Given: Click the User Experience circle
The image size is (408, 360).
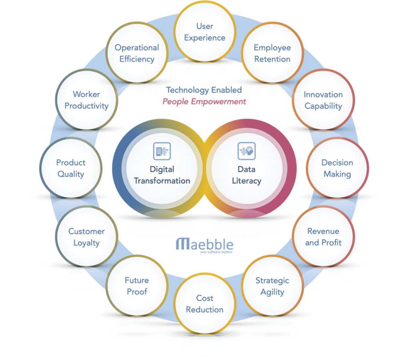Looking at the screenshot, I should tap(204, 32).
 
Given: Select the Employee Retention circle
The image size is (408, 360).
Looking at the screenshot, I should tap(272, 53).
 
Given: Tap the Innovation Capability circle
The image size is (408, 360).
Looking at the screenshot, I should tap(323, 100).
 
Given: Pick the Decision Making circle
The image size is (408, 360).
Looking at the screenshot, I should tap(337, 168).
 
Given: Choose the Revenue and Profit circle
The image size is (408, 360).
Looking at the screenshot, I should tap(323, 237).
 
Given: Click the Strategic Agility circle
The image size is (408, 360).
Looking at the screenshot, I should tap(272, 286).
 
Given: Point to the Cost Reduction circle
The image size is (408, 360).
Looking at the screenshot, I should tap(204, 303).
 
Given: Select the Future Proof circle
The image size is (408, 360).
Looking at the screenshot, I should tap(137, 286).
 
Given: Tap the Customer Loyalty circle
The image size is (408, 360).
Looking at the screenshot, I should tap(86, 237).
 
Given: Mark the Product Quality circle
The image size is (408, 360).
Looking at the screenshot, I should tap(71, 168).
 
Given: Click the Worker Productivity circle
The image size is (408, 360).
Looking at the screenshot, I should tap(86, 100).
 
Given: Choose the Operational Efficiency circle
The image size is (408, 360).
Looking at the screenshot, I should tap(137, 53).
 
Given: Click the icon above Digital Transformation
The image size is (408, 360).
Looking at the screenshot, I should tap(162, 151).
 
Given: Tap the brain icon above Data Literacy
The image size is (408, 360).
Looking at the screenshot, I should tap(247, 151).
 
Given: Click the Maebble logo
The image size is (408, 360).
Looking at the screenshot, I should tap(204, 245).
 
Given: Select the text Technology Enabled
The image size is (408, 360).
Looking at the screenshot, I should tap(204, 90).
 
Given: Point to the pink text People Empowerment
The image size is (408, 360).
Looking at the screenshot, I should tap(204, 102).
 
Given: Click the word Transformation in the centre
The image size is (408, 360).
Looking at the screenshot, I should tap(162, 180).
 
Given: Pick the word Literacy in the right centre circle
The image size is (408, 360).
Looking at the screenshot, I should tap(247, 180).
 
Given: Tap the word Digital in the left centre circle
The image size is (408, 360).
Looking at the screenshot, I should tap(162, 169).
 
